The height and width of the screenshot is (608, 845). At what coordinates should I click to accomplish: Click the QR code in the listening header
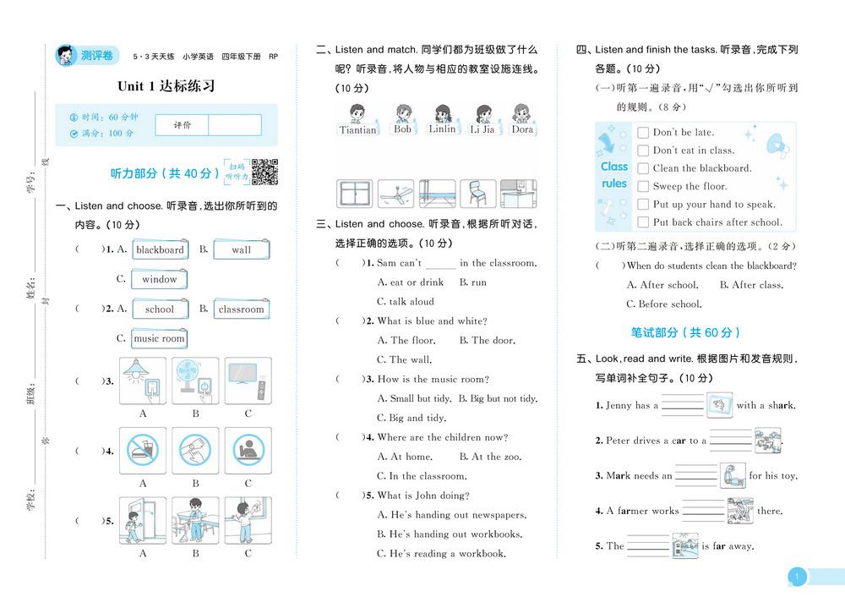[x=265, y=172]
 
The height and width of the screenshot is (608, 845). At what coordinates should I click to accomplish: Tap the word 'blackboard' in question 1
[x=160, y=249]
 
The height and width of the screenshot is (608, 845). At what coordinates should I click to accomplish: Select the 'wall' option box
[x=241, y=249]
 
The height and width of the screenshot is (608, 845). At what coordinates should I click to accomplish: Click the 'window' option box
[x=160, y=279]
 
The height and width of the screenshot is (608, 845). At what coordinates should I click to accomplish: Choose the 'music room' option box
[x=160, y=338]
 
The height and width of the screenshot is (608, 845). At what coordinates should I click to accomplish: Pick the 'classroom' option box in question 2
[x=242, y=309]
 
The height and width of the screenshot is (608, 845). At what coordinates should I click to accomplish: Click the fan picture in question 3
[x=195, y=380]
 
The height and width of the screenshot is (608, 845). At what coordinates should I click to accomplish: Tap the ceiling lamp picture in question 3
[x=143, y=380]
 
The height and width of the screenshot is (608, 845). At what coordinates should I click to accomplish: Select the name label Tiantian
[x=357, y=130]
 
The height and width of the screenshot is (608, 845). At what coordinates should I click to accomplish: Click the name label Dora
[x=523, y=130]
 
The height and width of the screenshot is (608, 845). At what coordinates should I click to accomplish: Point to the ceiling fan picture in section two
[x=395, y=194]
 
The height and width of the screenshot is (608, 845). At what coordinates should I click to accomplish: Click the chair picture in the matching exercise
[x=477, y=194]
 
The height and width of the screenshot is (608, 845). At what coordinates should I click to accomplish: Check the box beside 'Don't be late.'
[x=643, y=133]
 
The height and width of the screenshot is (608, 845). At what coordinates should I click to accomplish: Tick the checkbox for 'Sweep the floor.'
[x=643, y=187]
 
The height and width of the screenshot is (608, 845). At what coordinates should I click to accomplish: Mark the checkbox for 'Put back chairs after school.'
[x=643, y=223]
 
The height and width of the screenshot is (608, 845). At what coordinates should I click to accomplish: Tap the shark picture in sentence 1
[x=720, y=405]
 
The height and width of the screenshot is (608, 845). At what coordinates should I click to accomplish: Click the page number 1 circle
[x=796, y=578]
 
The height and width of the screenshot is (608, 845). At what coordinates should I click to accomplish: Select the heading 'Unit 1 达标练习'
[x=166, y=85]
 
